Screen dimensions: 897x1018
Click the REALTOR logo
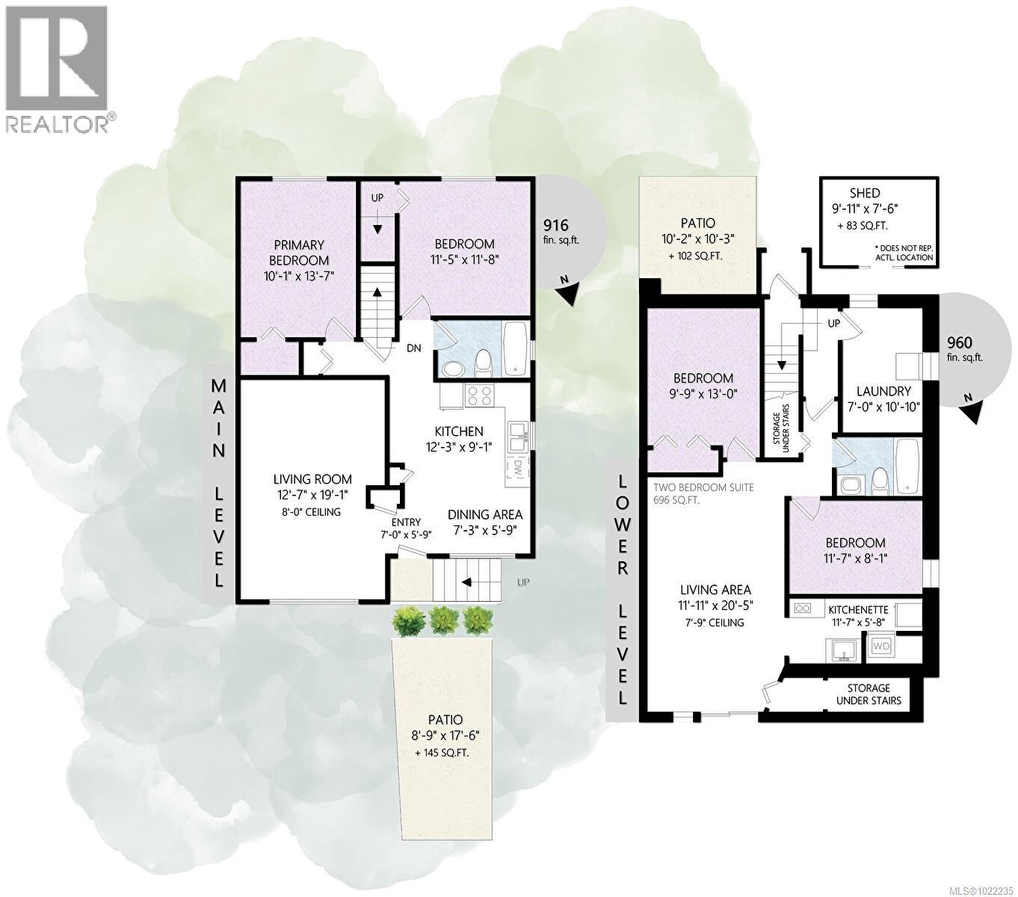[x=59, y=68]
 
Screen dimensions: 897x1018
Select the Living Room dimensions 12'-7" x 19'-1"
[x=312, y=496]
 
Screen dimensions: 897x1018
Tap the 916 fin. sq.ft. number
[x=556, y=225]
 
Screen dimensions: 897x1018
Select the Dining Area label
[x=484, y=514]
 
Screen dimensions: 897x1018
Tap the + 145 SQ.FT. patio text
[x=442, y=753]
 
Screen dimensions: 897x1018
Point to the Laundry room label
[x=883, y=391]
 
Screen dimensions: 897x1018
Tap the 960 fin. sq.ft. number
[x=959, y=343]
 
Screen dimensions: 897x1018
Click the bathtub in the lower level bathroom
[x=907, y=466]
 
